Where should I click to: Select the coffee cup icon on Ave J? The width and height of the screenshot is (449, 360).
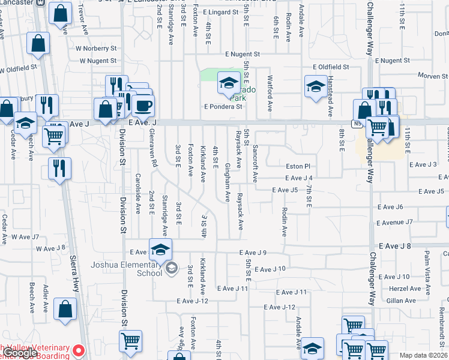coord(143,106)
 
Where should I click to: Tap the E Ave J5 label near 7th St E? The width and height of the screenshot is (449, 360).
coord(285,190)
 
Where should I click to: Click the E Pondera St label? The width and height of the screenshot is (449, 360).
coord(223,107)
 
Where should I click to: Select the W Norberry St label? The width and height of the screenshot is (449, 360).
coord(96,48)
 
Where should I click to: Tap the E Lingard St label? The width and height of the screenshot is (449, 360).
coord(223,12)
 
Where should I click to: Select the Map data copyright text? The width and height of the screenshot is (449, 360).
coord(423,355)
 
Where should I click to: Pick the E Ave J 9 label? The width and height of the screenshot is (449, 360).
coord(253,253)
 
